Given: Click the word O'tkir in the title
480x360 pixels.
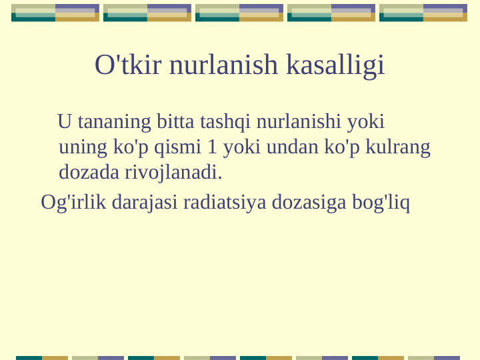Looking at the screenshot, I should (x=128, y=65).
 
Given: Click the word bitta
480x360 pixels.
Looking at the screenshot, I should (x=175, y=123).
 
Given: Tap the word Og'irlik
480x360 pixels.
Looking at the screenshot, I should (x=73, y=202).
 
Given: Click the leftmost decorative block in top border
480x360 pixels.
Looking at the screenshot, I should (x=55, y=13).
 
